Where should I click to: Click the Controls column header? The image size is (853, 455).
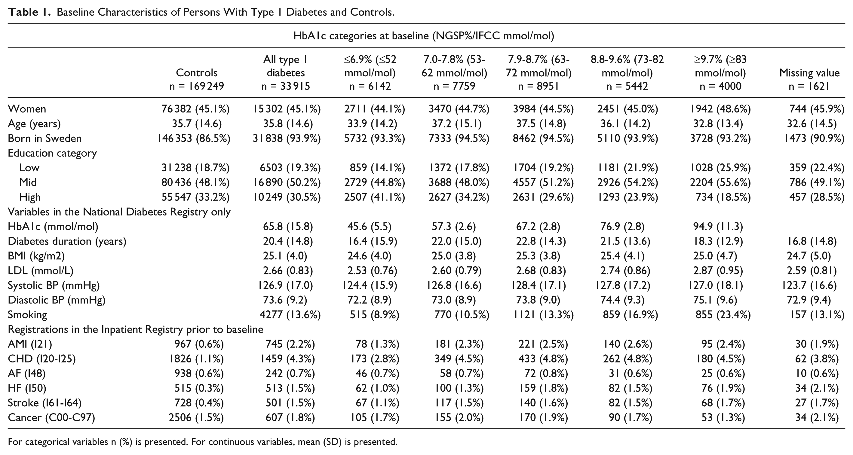pyautogui.click(x=197, y=73)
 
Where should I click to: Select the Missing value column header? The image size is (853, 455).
pyautogui.click(x=809, y=73)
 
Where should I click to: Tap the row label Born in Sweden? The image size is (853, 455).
pyautogui.click(x=45, y=138)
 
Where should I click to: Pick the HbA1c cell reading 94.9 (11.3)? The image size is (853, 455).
pyautogui.click(x=718, y=226)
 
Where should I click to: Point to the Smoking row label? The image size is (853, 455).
pyautogui.click(x=27, y=315)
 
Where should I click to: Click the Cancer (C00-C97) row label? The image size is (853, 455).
pyautogui.click(x=51, y=418)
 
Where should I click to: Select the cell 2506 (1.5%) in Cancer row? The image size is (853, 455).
pyautogui.click(x=196, y=418)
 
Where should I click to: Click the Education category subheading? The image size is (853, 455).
pyautogui.click(x=52, y=153)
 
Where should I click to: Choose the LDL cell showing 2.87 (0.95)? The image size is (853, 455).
pyautogui.click(x=718, y=271)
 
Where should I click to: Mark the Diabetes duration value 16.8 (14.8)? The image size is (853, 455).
pyautogui.click(x=812, y=241)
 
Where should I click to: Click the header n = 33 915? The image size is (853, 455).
pyautogui.click(x=285, y=86)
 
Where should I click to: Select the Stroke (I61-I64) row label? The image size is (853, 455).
pyautogui.click(x=45, y=403)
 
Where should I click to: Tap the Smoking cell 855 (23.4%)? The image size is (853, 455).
pyautogui.click(x=723, y=315)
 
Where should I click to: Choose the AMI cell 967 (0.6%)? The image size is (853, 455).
pyautogui.click(x=199, y=344)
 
